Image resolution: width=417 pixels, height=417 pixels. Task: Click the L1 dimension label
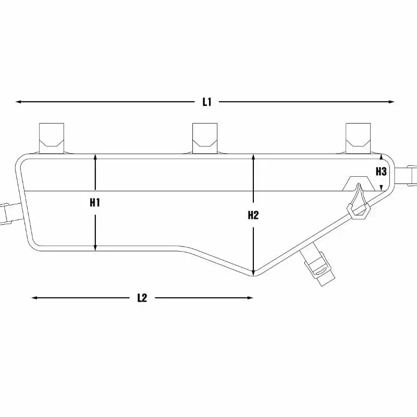click(207, 102)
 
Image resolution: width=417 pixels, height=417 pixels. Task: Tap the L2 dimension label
click(142, 298)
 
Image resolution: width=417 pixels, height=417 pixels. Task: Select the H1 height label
click(95, 203)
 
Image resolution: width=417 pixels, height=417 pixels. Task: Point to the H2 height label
click(253, 215)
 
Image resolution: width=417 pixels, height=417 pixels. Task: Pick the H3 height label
click(381, 171)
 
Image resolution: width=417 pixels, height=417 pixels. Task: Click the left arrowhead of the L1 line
click(18, 102)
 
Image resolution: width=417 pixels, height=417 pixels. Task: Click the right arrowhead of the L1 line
click(391, 102)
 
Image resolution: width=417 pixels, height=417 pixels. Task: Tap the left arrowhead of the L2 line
click(34, 298)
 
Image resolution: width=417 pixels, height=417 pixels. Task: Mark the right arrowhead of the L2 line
click(250, 298)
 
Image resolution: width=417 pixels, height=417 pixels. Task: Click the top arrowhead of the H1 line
click(95, 157)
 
